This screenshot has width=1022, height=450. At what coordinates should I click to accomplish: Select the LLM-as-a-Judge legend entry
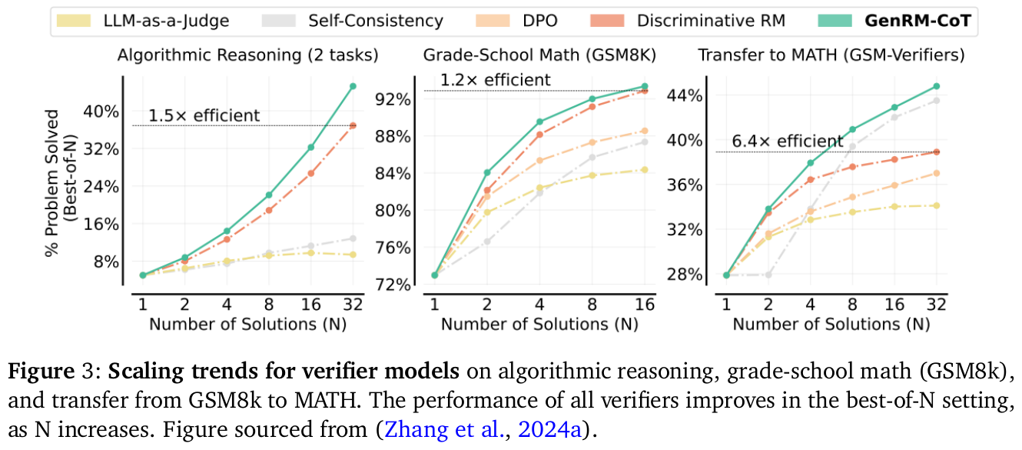(165, 22)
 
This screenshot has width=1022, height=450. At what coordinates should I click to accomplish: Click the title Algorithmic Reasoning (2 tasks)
(247, 55)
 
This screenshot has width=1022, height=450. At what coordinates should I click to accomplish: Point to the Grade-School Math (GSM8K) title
(539, 55)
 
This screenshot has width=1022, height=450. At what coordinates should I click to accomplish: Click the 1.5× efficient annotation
(204, 116)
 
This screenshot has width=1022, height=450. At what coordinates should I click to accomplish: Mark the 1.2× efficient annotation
(495, 79)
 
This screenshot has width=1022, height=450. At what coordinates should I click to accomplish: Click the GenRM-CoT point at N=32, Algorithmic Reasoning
(353, 86)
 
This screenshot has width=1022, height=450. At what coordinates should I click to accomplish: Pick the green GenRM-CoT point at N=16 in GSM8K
(644, 86)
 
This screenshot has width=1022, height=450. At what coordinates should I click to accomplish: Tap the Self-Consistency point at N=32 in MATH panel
(936, 100)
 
